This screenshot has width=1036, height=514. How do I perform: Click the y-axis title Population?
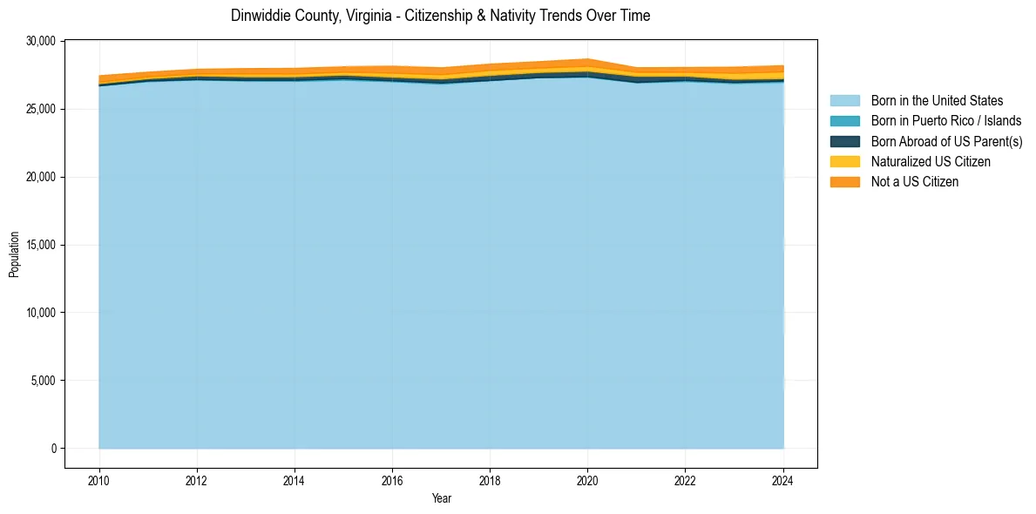[14, 254]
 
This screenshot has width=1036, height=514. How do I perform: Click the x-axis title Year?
[442, 498]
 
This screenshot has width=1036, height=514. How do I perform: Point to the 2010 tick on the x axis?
[99, 479]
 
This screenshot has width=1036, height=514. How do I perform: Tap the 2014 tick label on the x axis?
[295, 479]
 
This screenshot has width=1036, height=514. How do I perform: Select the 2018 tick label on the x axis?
[490, 479]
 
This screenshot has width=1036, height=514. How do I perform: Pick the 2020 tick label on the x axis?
[587, 479]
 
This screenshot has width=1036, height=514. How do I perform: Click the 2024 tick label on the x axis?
[783, 479]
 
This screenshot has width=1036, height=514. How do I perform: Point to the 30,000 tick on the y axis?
[42, 41]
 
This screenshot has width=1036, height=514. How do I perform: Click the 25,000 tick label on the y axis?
[42, 109]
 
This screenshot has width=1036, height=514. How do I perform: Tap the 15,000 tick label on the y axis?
[42, 245]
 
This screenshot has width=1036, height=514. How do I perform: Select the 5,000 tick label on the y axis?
[44, 381]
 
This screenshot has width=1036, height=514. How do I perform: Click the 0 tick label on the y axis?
[53, 449]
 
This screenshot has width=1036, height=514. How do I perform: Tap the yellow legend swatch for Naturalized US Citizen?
[844, 161]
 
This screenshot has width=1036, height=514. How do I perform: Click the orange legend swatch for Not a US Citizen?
[844, 181]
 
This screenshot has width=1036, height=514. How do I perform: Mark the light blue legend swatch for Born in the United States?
[844, 101]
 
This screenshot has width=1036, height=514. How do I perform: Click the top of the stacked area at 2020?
[587, 59]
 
